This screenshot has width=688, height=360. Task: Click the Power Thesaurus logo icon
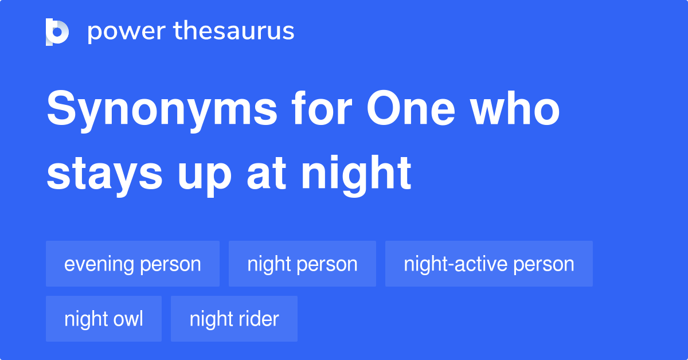click(x=57, y=32)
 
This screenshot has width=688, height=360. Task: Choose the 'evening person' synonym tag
click(x=132, y=264)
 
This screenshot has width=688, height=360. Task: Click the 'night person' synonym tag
click(x=302, y=264)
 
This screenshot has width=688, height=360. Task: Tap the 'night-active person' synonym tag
click(x=488, y=264)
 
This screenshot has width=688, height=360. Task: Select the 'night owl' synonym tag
click(x=104, y=319)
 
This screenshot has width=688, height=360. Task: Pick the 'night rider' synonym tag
click(x=234, y=319)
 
